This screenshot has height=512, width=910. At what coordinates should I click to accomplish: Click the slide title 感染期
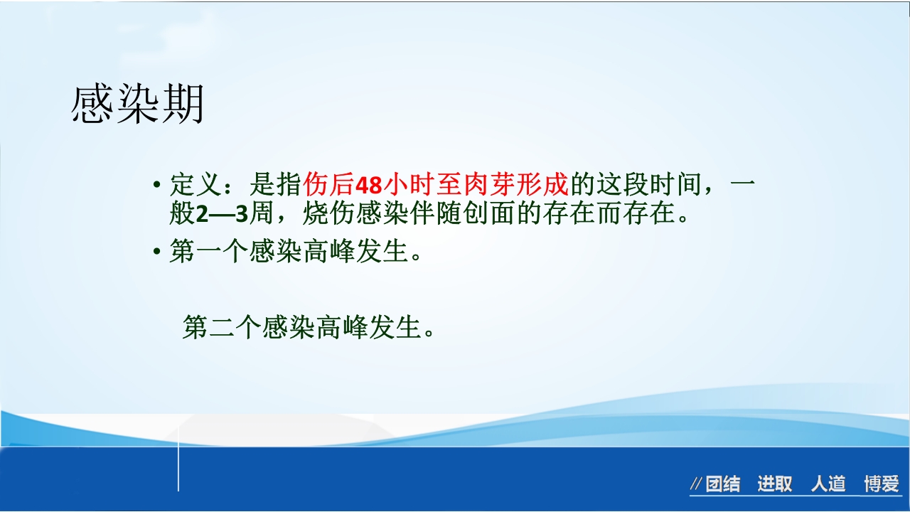click(137, 105)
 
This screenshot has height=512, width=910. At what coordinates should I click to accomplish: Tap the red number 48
click(368, 186)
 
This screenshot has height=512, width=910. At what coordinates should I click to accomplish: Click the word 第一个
click(209, 252)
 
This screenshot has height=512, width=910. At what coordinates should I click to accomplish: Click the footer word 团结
click(723, 485)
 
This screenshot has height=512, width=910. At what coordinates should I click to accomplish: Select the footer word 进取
click(774, 485)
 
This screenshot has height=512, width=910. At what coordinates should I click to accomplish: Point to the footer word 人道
click(828, 485)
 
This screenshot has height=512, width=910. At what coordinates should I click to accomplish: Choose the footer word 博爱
click(882, 485)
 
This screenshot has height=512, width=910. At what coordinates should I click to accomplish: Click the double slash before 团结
click(696, 485)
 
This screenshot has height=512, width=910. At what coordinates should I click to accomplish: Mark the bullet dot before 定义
click(156, 186)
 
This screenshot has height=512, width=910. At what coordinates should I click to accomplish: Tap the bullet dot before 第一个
click(156, 252)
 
